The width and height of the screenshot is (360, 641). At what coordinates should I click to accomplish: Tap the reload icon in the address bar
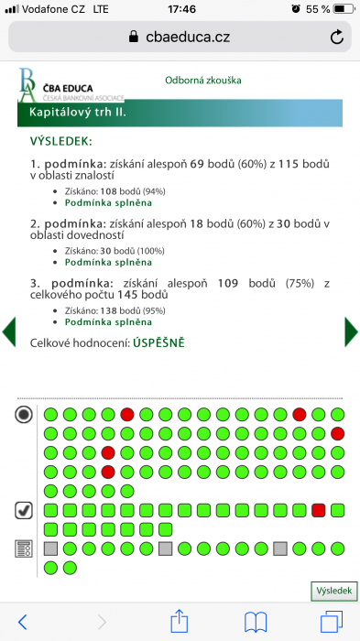pyautogui.click(x=337, y=37)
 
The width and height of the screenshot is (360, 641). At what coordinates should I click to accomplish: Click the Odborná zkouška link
pyautogui.click(x=203, y=81)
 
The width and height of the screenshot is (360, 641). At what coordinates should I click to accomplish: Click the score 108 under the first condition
pyautogui.click(x=112, y=190)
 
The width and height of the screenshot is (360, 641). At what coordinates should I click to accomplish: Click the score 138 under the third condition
pyautogui.click(x=112, y=310)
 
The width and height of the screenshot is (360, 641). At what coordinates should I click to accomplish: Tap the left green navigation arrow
pyautogui.click(x=9, y=331)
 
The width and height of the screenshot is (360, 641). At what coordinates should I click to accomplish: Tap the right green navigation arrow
pyautogui.click(x=351, y=331)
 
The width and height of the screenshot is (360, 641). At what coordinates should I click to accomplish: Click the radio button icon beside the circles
pyautogui.click(x=24, y=415)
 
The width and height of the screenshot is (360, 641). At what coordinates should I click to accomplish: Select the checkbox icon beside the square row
pyautogui.click(x=24, y=510)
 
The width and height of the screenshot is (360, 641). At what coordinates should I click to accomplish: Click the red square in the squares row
pyautogui.click(x=319, y=510)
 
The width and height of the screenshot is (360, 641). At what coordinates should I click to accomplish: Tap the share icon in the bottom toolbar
pyautogui.click(x=180, y=621)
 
